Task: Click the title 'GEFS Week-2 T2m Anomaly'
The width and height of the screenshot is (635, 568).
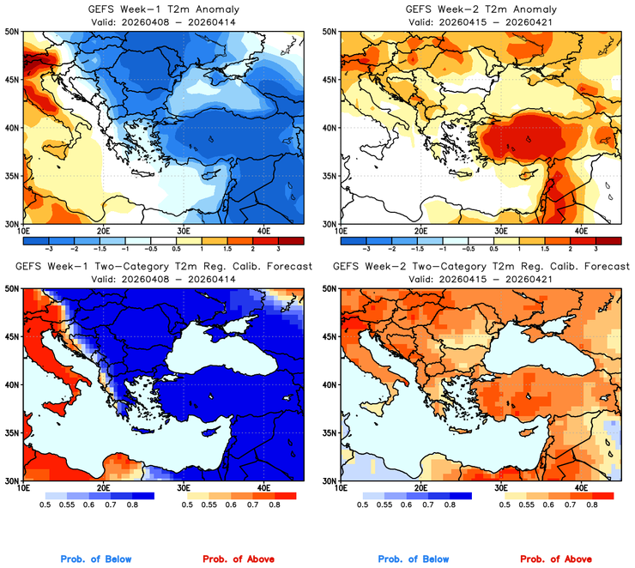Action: tap(477, 9)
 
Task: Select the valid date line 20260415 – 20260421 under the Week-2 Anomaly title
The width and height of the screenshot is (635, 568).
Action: tap(477, 21)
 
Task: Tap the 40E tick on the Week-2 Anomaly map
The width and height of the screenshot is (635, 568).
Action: tap(581, 231)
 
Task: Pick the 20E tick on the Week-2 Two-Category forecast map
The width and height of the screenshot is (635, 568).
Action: tap(421, 488)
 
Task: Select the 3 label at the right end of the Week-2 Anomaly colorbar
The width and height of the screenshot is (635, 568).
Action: tap(596, 246)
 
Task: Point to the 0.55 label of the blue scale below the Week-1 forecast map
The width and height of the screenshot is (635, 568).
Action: tap(67, 506)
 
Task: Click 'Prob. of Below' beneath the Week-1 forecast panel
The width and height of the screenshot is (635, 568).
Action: tap(96, 559)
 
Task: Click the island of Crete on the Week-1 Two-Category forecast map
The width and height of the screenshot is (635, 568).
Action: tap(140, 433)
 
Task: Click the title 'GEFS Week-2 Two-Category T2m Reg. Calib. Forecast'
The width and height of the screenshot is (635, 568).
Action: tap(477, 267)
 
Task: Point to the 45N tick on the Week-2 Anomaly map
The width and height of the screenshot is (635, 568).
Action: tap(328, 80)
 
